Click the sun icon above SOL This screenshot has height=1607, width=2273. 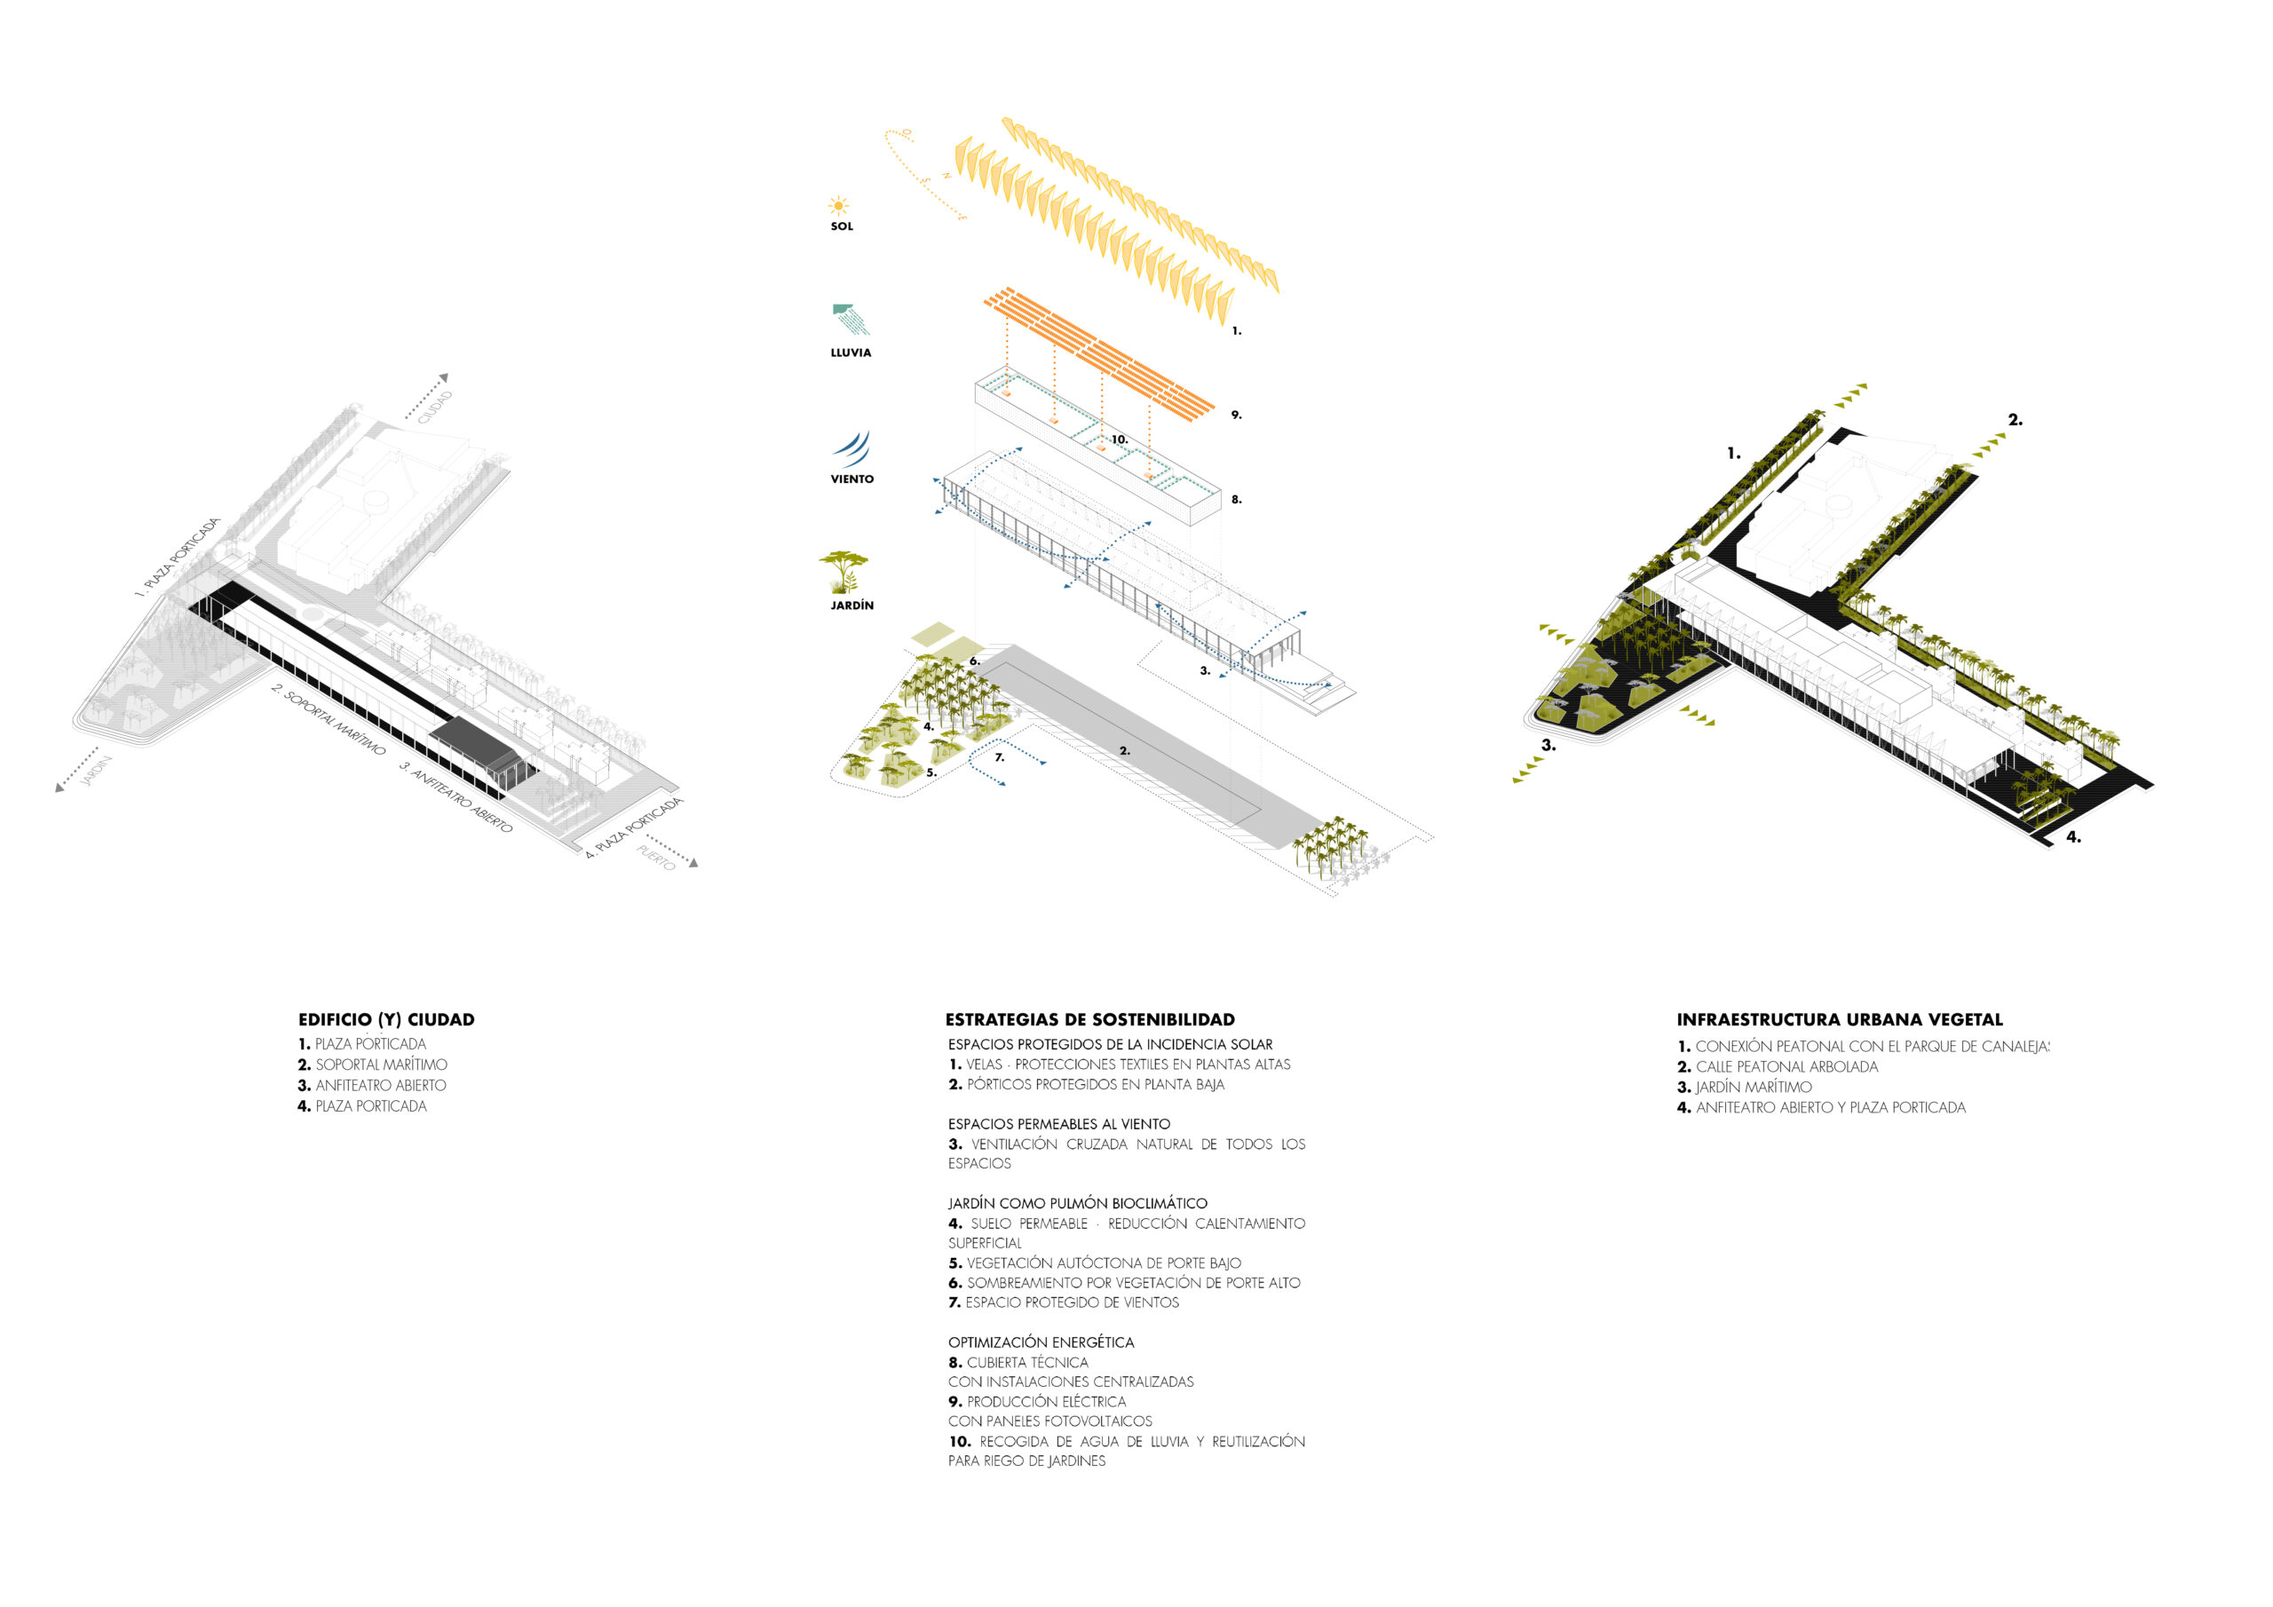click(x=838, y=206)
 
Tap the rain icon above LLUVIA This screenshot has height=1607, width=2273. click(x=851, y=320)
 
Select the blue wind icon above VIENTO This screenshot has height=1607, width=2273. click(x=852, y=447)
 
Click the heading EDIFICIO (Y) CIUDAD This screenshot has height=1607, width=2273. click(x=386, y=1020)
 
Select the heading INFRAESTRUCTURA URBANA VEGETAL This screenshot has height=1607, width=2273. click(x=1840, y=1020)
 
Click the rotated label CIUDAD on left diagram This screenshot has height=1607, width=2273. click(x=436, y=407)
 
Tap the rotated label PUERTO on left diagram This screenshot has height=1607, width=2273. click(x=655, y=858)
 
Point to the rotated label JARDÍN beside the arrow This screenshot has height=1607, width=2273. click(x=96, y=772)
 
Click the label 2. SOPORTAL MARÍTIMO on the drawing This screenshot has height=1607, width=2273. click(x=329, y=720)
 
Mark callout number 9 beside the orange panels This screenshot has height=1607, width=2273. click(x=1235, y=415)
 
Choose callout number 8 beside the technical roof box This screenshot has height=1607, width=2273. click(x=1235, y=500)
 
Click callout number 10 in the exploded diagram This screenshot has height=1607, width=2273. click(x=1119, y=439)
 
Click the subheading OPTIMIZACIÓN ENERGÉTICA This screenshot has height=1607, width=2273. click(x=1041, y=1342)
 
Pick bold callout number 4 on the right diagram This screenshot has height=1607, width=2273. click(x=2073, y=837)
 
